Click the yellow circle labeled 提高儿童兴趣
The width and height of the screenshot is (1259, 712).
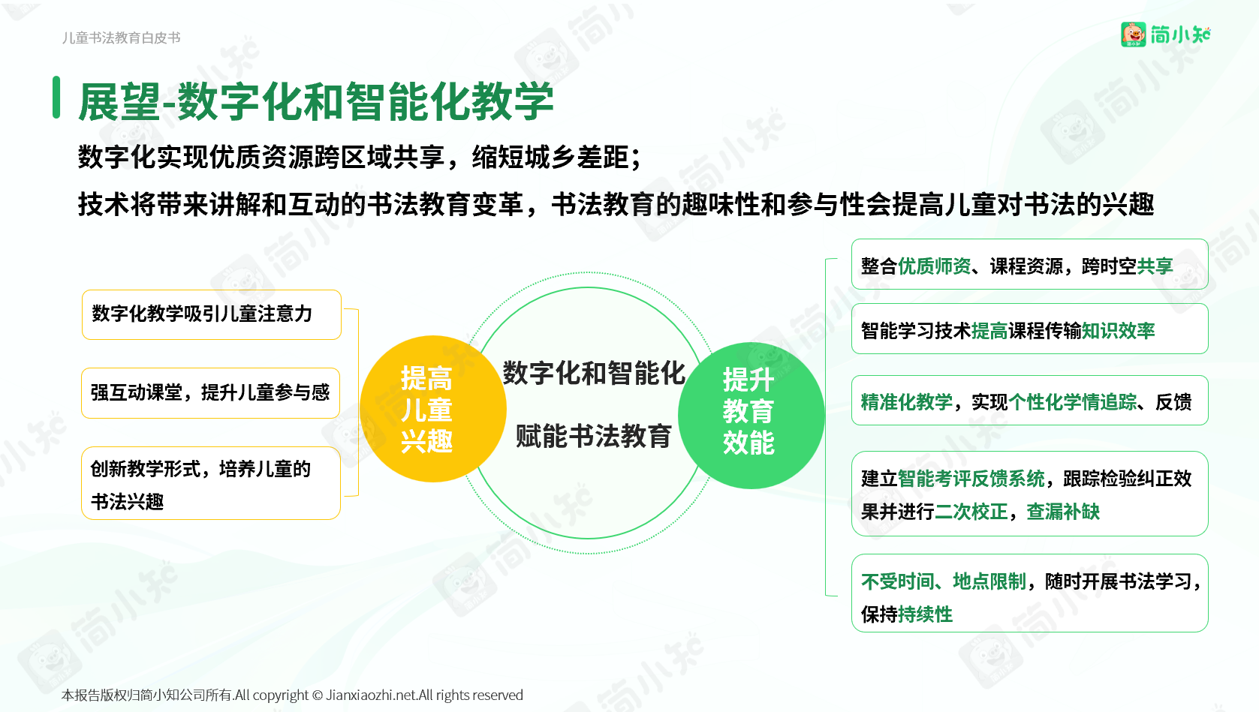tap(432, 409)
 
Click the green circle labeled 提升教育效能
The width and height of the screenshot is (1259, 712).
tap(751, 416)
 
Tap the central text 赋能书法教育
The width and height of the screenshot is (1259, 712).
tap(594, 437)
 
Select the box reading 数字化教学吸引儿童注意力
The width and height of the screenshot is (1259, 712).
tap(211, 314)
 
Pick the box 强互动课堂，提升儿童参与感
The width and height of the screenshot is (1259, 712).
tap(211, 393)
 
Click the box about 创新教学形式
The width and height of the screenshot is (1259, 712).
tap(211, 483)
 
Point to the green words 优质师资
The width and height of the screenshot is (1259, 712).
tap(934, 266)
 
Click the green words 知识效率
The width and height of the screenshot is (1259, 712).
tap(1119, 331)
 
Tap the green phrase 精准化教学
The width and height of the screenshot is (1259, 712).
tap(907, 402)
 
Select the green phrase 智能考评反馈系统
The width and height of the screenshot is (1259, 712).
tap(971, 479)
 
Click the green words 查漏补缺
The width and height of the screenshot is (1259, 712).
tap(1063, 512)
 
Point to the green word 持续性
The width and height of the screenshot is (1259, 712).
tap(925, 614)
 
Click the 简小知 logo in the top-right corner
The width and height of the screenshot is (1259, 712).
tap(1166, 35)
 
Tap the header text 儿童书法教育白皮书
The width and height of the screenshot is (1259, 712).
tap(121, 38)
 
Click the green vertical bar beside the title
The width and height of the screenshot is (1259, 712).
tap(56, 98)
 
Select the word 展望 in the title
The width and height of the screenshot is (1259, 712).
tap(119, 101)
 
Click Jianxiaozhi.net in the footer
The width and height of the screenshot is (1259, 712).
tap(372, 695)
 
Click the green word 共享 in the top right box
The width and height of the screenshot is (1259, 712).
tap(1155, 266)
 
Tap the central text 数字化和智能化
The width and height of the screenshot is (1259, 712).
tap(594, 374)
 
